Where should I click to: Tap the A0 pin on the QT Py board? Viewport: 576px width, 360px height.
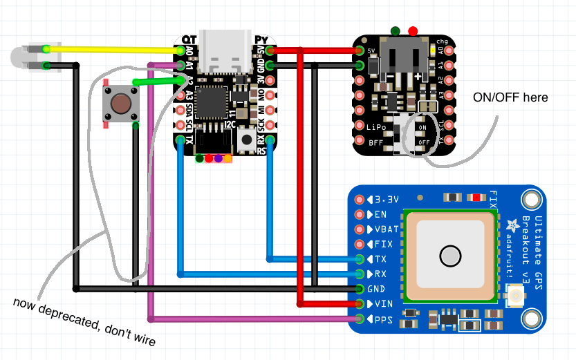pos(181,50)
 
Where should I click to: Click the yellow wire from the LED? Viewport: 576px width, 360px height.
pos(111,50)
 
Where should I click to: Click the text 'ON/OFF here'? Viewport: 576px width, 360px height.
pos(510,97)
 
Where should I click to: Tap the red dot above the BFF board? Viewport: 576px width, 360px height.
pos(413,31)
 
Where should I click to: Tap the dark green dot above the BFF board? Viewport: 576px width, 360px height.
pos(395,31)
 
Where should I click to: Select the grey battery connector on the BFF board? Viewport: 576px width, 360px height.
pos(402,58)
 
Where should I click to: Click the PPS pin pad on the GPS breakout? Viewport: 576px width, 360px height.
pos(360,319)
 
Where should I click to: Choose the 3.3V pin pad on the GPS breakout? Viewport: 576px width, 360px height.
pos(360,200)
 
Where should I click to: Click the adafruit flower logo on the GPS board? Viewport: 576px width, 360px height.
pos(512,224)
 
